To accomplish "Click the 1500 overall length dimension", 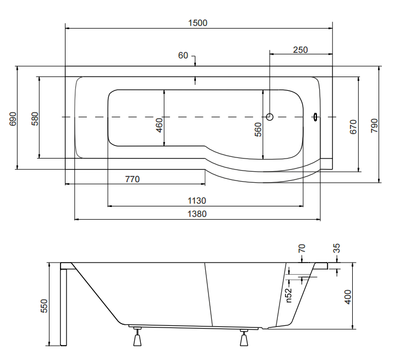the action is (198, 23).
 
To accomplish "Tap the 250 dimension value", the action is (300, 50).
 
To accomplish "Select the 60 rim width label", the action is (183, 55).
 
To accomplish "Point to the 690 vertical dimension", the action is (13, 119).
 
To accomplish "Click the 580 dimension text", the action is (35, 119).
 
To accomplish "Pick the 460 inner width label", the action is (160, 125).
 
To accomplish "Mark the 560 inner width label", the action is (258, 129).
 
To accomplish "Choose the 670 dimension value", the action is (353, 127).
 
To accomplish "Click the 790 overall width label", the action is (374, 126).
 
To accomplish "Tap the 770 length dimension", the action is (133, 179).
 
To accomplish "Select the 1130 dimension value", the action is (197, 200).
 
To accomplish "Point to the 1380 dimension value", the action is (197, 214).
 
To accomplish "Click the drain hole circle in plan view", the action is (270, 117).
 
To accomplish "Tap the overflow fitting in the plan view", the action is (315, 117).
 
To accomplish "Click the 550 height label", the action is (44, 306).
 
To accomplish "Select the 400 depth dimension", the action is (348, 297).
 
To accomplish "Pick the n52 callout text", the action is (289, 295).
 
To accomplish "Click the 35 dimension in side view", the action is (336, 248).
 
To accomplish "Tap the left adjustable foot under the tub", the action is (137, 337).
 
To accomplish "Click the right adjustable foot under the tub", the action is (244, 337).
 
